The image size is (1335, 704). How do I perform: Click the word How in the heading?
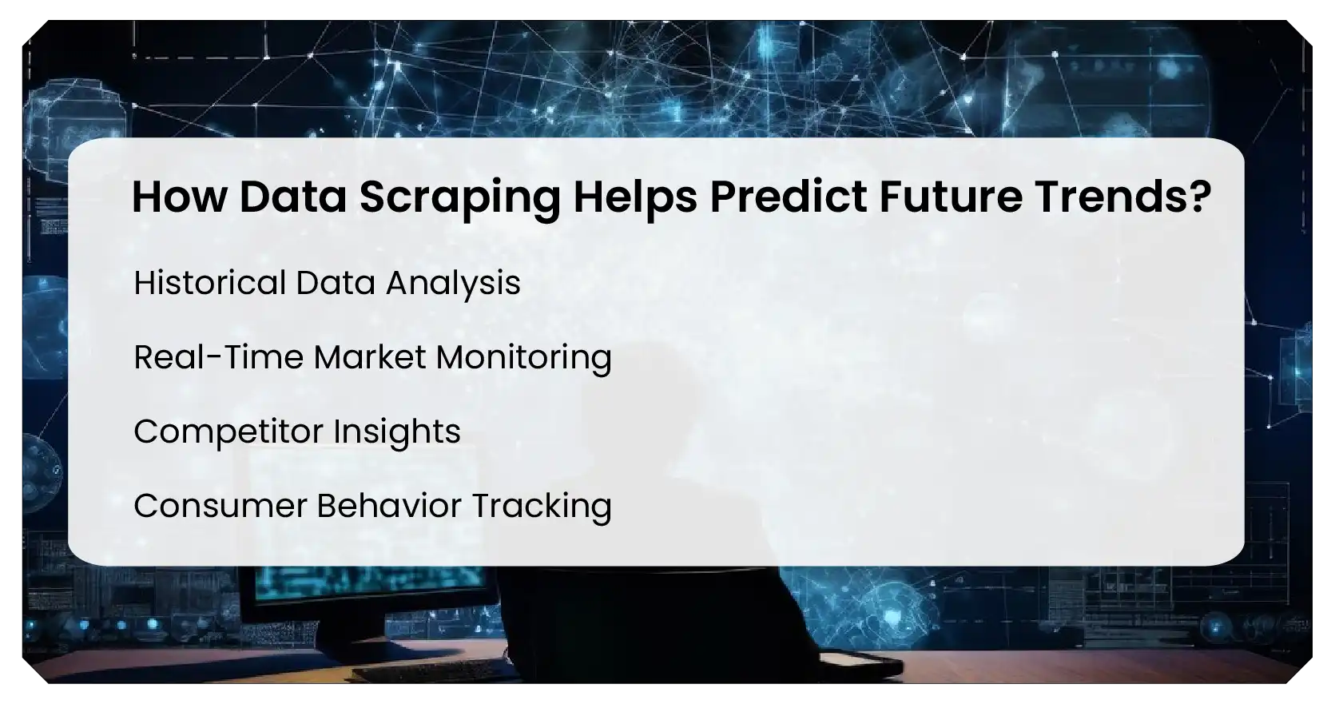point(179,197)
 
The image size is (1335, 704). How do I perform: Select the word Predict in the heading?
point(788,197)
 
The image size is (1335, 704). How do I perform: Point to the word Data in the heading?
point(292,197)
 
